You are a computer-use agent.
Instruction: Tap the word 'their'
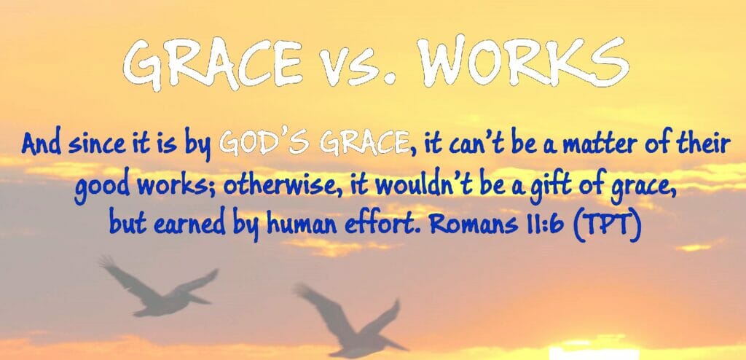click(x=695, y=144)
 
